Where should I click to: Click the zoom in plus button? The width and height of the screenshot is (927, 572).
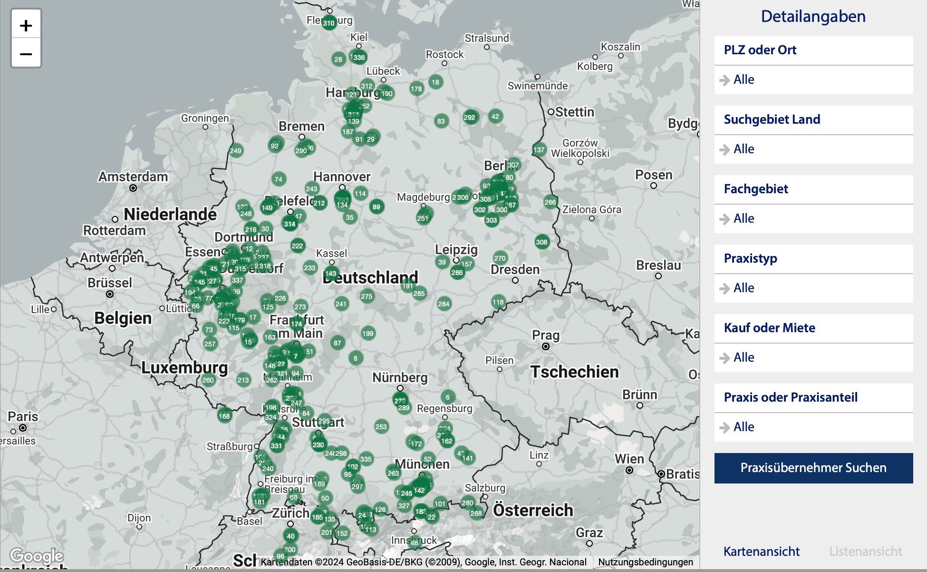[x=26, y=25]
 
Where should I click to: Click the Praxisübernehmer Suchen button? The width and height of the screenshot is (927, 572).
[x=813, y=468]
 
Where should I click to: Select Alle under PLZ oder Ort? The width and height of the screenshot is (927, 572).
[x=744, y=79]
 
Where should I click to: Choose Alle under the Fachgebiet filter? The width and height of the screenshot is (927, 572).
[x=744, y=218]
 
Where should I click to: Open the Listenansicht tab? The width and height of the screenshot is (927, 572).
[x=865, y=552]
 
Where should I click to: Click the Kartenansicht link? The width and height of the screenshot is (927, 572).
[x=761, y=552]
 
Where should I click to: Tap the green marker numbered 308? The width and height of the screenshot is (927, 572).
[x=541, y=242]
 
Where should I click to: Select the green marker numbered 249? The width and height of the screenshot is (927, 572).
[x=235, y=151]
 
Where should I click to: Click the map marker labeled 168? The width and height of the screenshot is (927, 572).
[x=224, y=416]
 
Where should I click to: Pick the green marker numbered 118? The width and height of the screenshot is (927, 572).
[x=498, y=302]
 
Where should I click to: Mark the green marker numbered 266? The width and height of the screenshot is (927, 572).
[x=550, y=202]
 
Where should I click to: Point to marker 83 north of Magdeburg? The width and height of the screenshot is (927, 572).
[x=441, y=121]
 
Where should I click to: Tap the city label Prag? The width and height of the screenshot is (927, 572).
[x=545, y=335]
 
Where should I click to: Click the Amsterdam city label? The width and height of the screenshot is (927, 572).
[x=133, y=177]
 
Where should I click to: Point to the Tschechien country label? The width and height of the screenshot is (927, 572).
[x=574, y=372]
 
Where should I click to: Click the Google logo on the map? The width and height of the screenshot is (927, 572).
[x=37, y=555]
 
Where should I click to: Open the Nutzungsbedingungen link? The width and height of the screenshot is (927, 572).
[x=645, y=562]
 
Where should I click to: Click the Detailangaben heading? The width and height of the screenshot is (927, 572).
[x=813, y=17]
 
